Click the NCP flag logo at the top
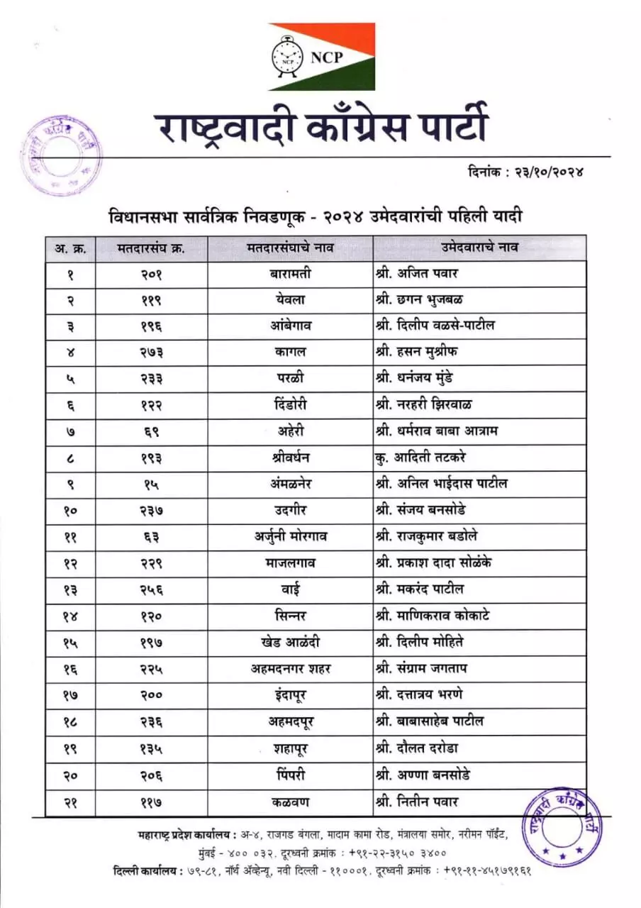321,57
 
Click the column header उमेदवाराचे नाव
479,248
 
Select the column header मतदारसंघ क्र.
151,248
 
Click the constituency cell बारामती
291,273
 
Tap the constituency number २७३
151,353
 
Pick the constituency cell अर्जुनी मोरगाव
291,537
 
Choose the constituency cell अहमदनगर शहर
291,668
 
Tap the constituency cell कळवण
291,802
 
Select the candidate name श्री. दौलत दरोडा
419,748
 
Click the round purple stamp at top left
60,156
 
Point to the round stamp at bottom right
560,823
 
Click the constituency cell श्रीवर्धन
291,458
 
